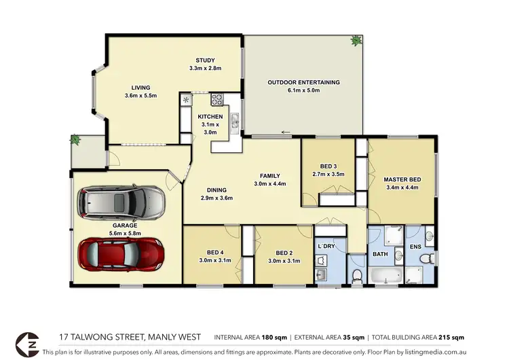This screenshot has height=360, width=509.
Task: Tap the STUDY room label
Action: pyautogui.click(x=206, y=60)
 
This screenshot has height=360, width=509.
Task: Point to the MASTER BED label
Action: pyautogui.click(x=402, y=179)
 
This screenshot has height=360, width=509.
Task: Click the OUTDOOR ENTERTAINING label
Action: pyautogui.click(x=303, y=82)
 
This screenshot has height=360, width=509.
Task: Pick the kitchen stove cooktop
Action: pyautogui.click(x=218, y=99)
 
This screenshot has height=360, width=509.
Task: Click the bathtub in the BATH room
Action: pyautogui.click(x=384, y=276)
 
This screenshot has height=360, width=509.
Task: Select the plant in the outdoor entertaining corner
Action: pyautogui.click(x=356, y=41)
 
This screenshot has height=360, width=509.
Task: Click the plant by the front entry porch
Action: pyautogui.click(x=75, y=141)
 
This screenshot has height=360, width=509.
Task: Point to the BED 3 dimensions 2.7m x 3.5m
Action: pyautogui.click(x=327, y=175)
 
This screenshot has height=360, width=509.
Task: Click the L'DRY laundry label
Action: pyautogui.click(x=328, y=245)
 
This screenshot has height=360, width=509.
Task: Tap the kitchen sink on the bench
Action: pyautogui.click(x=234, y=122)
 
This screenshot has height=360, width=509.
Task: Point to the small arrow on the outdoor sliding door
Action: pyautogui.click(x=286, y=132)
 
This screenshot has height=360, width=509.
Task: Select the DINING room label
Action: pyautogui.click(x=217, y=190)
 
